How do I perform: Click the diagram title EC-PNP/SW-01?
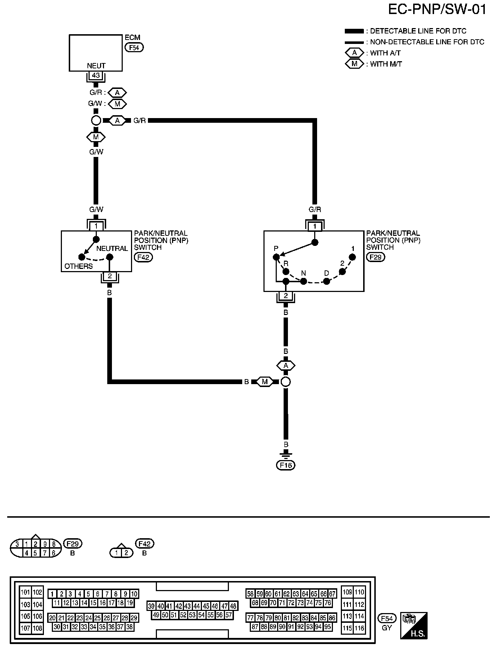tap(437, 10)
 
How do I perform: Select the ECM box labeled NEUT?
tap(96, 53)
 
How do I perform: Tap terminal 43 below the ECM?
tap(96, 76)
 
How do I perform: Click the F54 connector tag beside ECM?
tap(134, 47)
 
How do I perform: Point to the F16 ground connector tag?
tap(286, 465)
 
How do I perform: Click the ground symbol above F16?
tap(286, 454)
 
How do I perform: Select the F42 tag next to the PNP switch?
tap(143, 257)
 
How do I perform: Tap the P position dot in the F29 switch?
tap(276, 257)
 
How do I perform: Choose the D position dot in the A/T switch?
tap(326, 281)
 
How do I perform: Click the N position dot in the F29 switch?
tap(303, 281)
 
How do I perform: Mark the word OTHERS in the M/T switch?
tap(78, 266)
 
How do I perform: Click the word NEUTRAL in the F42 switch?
tap(112, 248)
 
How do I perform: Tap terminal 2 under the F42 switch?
tap(110, 276)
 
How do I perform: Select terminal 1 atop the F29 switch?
tap(315, 226)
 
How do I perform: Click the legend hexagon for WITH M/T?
tap(355, 64)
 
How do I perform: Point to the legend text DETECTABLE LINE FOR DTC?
tap(418, 31)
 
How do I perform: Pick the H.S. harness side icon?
tap(414, 625)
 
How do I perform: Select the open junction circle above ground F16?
tap(285, 382)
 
